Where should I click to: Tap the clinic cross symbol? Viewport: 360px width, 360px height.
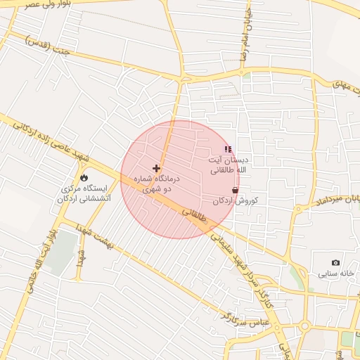pyautogui.click(x=156, y=169)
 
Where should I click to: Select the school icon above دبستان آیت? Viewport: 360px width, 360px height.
pyautogui.click(x=227, y=149)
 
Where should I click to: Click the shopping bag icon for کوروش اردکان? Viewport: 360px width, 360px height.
pyautogui.click(x=235, y=190)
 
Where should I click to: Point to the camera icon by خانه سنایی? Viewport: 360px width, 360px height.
pyautogui.click(x=335, y=262)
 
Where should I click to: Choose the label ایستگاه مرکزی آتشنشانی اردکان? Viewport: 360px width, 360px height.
pyautogui.click(x=84, y=194)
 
